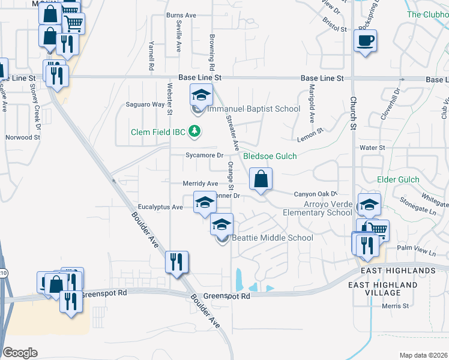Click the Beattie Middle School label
pos(273,238)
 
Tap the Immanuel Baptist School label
pos(253,109)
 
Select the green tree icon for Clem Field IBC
pos(194,130)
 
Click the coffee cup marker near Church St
pos(365,41)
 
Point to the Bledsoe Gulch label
pos(270,156)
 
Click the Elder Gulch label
pos(397,179)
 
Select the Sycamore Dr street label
pos(204,155)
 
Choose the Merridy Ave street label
pos(201,184)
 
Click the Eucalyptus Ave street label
pos(160,207)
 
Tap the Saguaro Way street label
pos(145,104)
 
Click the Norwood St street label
pos(23,137)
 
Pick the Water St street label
pos(372,147)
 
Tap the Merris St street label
pos(396,306)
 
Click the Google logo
pos(20,353)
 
